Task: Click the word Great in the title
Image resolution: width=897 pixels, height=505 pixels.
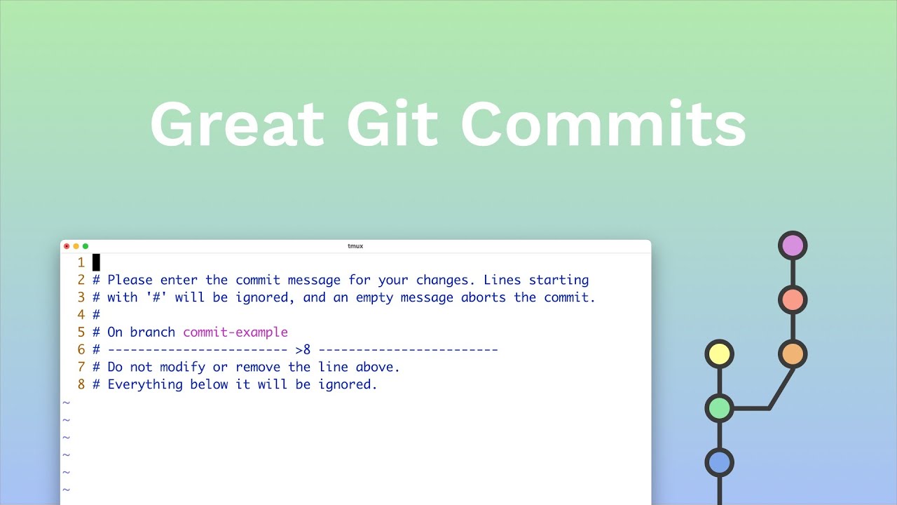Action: pos(237,125)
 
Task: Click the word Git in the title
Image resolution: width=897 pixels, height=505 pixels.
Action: pos(392,125)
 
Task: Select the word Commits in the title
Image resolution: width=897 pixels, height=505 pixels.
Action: pos(603,125)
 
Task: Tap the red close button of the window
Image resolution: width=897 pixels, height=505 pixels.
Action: pos(67,246)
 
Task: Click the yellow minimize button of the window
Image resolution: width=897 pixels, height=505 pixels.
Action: pos(76,246)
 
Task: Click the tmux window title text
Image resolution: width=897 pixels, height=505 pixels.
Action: pos(355,246)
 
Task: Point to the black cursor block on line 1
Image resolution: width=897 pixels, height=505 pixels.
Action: pos(96,262)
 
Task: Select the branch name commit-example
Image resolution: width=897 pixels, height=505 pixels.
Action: pos(235,332)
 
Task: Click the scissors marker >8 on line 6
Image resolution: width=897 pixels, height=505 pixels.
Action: pos(303,349)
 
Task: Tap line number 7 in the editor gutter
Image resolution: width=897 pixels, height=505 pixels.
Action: pos(81,367)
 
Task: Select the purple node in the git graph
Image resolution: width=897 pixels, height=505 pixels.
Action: pos(793,246)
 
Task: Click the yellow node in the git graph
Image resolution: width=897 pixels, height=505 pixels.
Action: pos(719,354)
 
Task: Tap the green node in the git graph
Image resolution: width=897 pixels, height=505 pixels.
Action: pos(719,408)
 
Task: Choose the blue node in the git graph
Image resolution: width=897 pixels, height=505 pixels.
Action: pos(719,463)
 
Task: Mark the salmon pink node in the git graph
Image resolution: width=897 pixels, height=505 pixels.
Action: pos(793,300)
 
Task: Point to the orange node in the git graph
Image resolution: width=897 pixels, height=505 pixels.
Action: pos(793,354)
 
